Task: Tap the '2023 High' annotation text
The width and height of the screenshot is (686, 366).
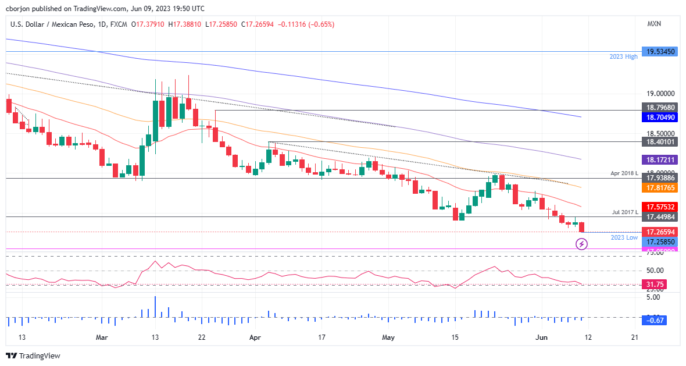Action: coord(623,56)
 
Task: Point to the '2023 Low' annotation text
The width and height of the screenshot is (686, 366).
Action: coord(624,238)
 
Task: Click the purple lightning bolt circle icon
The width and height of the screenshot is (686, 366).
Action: coord(582,244)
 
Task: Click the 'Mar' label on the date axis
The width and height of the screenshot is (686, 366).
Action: coord(102,337)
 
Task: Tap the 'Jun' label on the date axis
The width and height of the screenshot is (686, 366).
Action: coord(541,337)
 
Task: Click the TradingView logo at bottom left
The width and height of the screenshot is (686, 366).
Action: coord(33,356)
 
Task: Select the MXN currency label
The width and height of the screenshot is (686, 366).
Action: coord(654,24)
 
